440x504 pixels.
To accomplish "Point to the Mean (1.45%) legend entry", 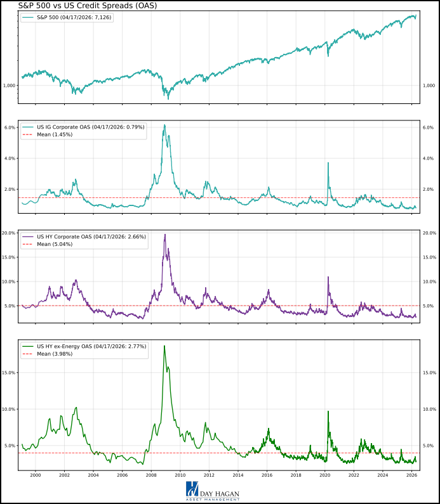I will (55, 134).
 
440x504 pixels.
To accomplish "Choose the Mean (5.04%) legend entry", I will (55, 244).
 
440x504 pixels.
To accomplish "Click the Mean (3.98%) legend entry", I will (55, 354).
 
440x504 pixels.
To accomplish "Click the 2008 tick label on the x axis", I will (151, 475).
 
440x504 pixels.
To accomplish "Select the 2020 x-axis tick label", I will (324, 475).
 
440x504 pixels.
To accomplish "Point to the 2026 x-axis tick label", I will (411, 475).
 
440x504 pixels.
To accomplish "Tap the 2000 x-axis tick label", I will (36, 475).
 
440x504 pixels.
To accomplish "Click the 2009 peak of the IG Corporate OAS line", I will (164, 125).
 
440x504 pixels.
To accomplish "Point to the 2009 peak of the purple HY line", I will (165, 235).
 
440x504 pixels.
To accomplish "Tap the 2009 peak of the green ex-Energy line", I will (164, 346).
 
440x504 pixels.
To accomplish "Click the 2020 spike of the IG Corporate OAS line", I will (328, 163).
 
